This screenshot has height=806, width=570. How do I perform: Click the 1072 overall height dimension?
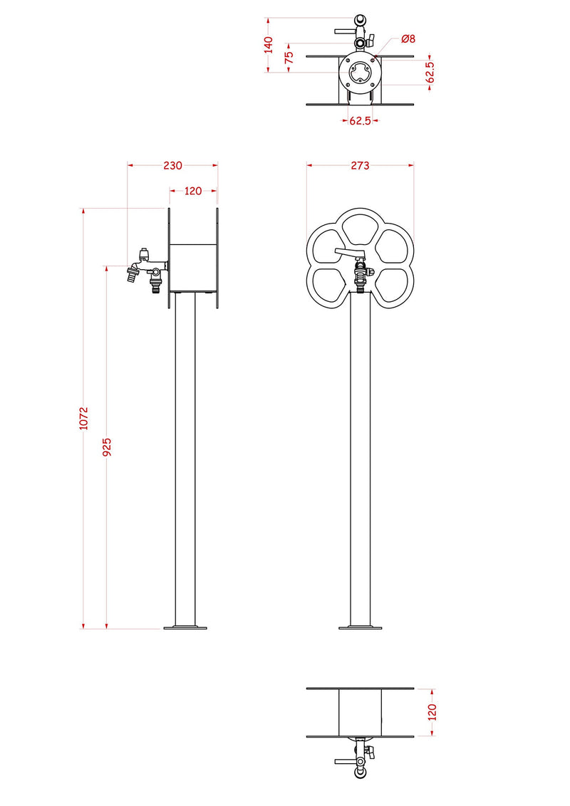tap(83, 419)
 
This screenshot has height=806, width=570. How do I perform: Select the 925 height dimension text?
tap(106, 446)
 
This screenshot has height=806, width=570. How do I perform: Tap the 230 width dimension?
tap(172, 165)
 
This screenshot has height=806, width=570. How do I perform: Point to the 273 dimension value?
tap(360, 165)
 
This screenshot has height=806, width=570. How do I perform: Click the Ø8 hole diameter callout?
tap(408, 38)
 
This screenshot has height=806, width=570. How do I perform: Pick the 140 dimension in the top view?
tap(268, 45)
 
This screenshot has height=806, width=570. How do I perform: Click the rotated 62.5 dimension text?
tap(430, 72)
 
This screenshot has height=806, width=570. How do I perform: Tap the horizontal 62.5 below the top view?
tap(360, 121)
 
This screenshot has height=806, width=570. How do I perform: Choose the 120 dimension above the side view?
tap(193, 191)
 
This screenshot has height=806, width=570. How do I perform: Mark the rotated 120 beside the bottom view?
tap(432, 711)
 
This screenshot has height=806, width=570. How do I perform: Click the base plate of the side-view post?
tap(185, 627)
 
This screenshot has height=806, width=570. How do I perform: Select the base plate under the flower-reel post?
tap(360, 627)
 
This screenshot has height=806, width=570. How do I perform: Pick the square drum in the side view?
tap(193, 267)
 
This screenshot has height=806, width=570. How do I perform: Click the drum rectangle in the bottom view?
tap(360, 712)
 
